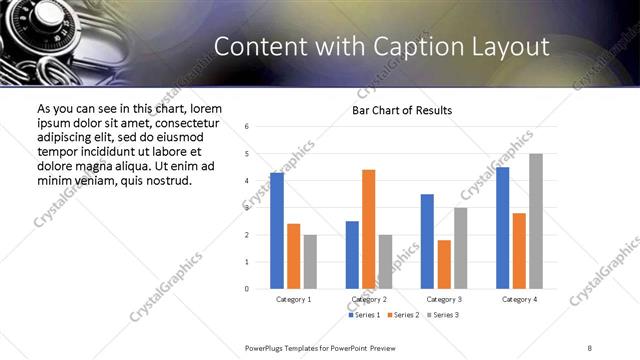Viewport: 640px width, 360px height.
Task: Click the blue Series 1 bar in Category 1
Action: [277, 231]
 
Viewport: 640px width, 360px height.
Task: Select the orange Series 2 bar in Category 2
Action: [368, 229]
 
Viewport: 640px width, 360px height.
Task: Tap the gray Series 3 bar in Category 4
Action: [536, 221]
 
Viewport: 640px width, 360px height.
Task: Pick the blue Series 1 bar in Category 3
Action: [427, 241]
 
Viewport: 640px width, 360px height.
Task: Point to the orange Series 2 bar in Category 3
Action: [444, 264]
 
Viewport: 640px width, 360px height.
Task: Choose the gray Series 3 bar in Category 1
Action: [310, 262]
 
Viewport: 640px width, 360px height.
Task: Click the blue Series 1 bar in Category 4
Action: [503, 228]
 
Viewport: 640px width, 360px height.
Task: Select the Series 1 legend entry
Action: [365, 315]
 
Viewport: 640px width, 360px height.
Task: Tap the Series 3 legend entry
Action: [445, 315]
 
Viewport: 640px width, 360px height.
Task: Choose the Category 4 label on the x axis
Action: [519, 299]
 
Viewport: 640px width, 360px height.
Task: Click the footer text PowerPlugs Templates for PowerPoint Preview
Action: [321, 347]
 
